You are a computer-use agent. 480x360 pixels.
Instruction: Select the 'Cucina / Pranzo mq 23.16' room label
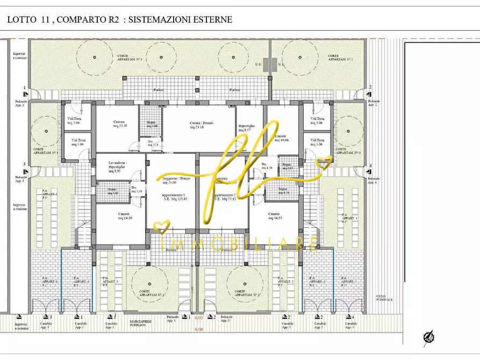201,125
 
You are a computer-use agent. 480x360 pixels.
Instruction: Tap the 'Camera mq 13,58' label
119,124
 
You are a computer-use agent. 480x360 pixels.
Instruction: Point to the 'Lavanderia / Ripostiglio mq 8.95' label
118,167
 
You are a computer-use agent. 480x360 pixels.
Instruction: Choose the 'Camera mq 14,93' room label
275,216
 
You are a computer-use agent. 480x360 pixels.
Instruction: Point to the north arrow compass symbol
429,336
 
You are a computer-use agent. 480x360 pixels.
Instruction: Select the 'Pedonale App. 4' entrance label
374,180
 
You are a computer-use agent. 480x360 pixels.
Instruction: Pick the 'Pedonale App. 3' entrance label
21,179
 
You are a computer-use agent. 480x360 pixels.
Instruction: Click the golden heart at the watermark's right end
324,161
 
